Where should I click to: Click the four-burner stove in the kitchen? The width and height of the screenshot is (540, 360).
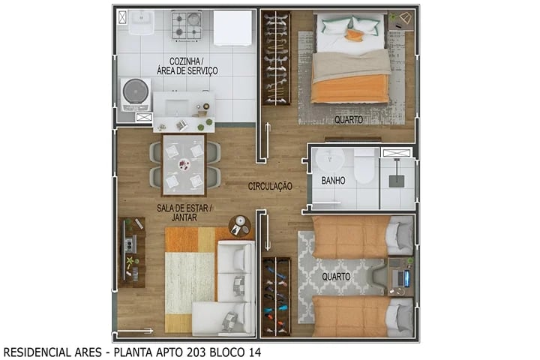tap(187, 25)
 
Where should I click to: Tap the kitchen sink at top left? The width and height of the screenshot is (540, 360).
tap(141, 23)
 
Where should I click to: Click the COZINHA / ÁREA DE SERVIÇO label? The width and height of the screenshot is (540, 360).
tap(187, 65)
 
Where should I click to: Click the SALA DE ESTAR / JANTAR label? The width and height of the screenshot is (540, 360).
tap(184, 212)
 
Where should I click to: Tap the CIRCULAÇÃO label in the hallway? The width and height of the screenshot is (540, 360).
tap(270, 185)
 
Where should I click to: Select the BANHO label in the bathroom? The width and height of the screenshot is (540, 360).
tap(333, 181)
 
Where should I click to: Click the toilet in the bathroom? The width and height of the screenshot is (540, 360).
tap(364, 167)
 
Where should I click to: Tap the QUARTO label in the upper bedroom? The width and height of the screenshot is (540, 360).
tap(349, 119)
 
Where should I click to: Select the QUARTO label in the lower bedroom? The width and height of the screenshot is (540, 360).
tap(336, 275)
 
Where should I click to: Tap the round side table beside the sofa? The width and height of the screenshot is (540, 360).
tap(240, 223)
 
